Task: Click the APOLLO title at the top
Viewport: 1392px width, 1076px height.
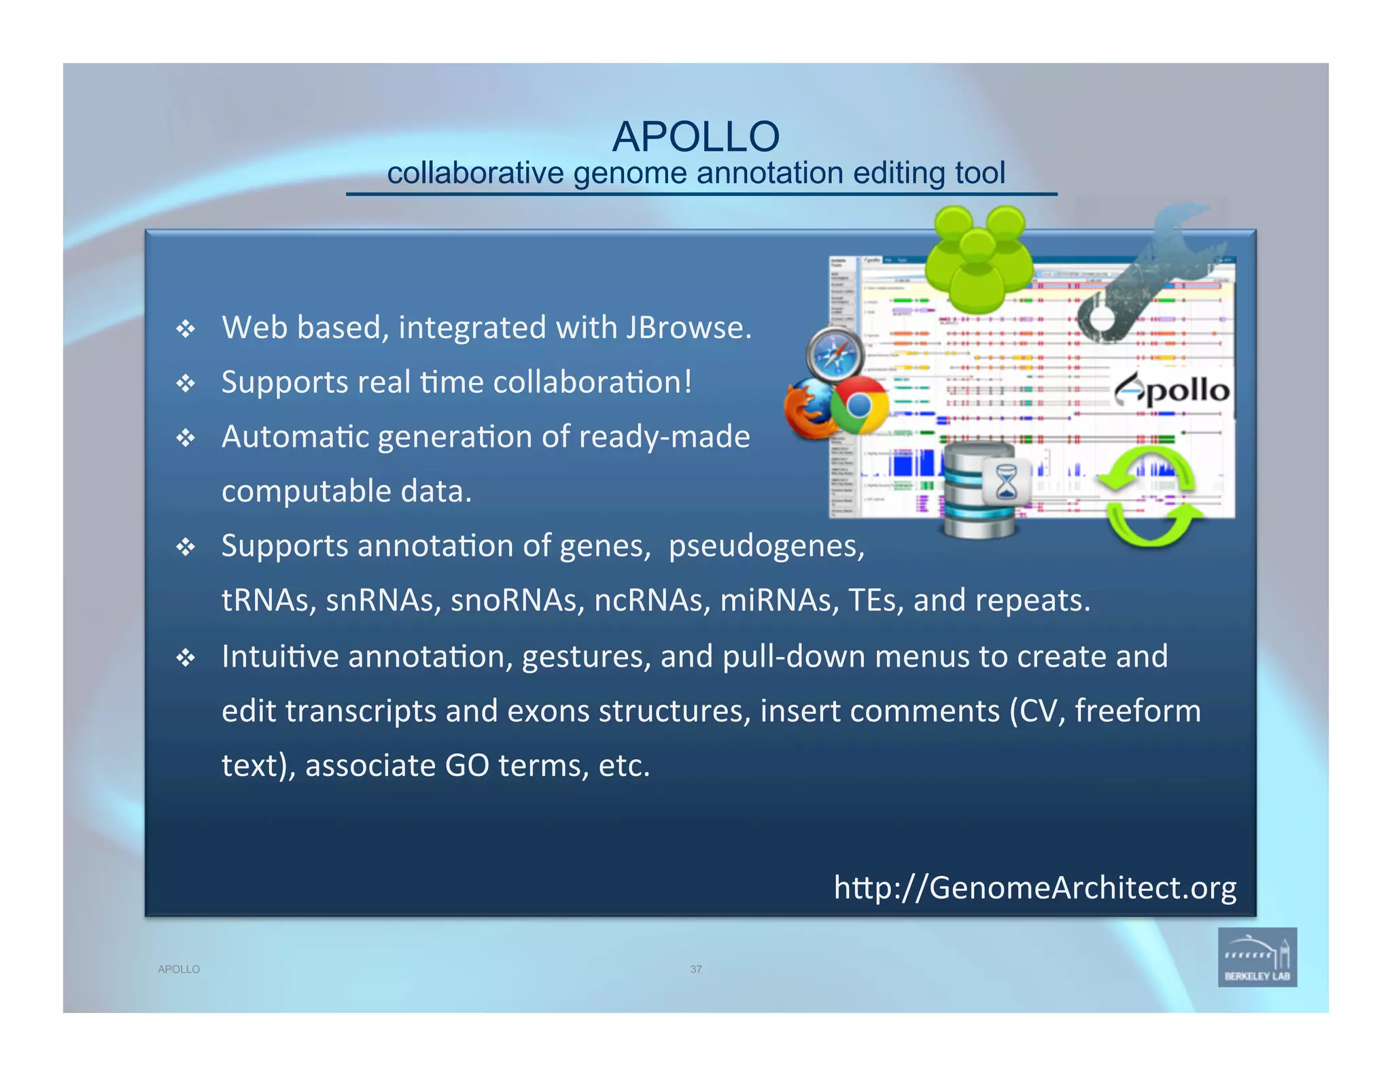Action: (x=695, y=137)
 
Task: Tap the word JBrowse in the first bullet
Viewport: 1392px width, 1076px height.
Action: (x=687, y=328)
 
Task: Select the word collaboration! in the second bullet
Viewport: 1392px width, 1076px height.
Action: (x=592, y=382)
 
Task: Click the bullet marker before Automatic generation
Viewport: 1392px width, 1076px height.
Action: (x=186, y=438)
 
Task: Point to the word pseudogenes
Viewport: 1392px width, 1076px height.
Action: (x=766, y=546)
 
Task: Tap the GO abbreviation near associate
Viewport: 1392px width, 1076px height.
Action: (x=467, y=766)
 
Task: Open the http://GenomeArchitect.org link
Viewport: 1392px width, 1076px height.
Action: (x=1034, y=888)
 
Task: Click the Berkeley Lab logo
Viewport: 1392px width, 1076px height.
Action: (x=1257, y=957)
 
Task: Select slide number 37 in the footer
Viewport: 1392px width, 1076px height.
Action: (x=695, y=969)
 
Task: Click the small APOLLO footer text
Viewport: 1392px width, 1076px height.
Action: (x=179, y=969)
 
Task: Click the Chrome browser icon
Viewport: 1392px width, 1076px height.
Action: (x=859, y=405)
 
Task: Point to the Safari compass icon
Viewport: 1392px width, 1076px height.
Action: (x=835, y=354)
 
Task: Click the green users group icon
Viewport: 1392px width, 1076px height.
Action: (x=978, y=258)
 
